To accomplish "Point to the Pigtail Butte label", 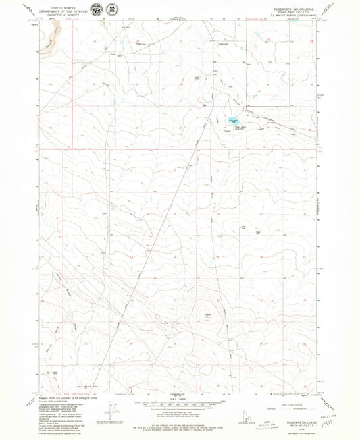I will tap(207, 314).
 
